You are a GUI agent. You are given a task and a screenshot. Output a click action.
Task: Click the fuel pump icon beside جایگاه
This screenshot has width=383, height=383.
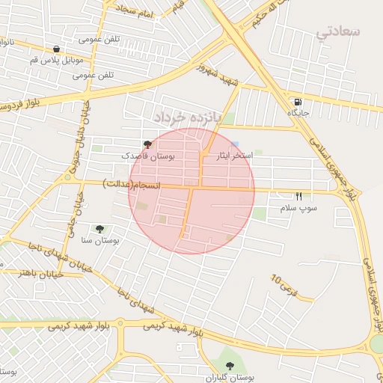click(298, 102)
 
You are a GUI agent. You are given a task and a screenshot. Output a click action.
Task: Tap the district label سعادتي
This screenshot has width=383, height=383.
click(338, 31)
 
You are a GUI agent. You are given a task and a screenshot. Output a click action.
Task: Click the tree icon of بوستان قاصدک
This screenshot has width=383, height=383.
click(147, 144)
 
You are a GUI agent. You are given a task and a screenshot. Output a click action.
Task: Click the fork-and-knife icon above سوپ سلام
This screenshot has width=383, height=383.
click(298, 196)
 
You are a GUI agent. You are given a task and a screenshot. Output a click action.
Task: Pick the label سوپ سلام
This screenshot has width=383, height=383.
click(298, 207)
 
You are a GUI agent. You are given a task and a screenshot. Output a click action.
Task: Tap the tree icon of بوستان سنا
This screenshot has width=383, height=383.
click(100, 229)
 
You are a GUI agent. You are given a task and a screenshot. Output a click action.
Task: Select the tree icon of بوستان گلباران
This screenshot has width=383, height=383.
click(230, 365)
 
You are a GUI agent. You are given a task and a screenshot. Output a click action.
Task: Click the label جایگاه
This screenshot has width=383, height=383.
click(298, 113)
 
